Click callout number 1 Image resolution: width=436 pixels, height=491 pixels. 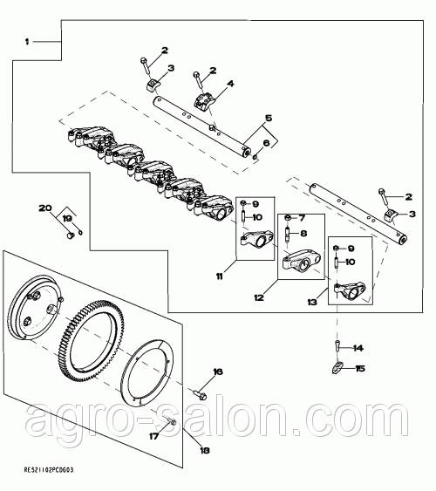pyautogui.click(x=27, y=42)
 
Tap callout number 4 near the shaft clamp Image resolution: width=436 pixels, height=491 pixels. pyautogui.click(x=230, y=84)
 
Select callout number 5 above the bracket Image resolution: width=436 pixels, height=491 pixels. pyautogui.click(x=269, y=118)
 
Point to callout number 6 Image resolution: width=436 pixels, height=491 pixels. pyautogui.click(x=266, y=143)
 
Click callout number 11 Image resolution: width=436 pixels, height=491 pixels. pyautogui.click(x=220, y=276)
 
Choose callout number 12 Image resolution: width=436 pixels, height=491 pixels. pyautogui.click(x=259, y=297)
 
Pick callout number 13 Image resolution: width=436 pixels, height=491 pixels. pyautogui.click(x=312, y=302)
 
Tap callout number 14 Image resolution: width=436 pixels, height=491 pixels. pyautogui.click(x=358, y=348)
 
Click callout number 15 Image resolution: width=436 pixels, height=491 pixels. pyautogui.click(x=360, y=369)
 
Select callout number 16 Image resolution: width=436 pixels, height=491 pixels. pyautogui.click(x=218, y=372)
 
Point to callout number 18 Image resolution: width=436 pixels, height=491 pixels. pyautogui.click(x=205, y=451)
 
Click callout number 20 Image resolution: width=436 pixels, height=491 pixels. pyautogui.click(x=45, y=208)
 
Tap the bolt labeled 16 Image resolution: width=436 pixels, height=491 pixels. pyautogui.click(x=199, y=394)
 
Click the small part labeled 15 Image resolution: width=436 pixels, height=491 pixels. pyautogui.click(x=337, y=367)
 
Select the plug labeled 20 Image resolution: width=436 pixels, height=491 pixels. pyautogui.click(x=70, y=235)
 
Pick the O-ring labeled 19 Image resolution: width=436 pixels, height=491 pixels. pyautogui.click(x=81, y=233)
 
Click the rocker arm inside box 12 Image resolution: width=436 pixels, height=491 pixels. pyautogui.click(x=302, y=262)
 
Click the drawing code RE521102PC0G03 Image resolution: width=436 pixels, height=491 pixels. pyautogui.click(x=49, y=470)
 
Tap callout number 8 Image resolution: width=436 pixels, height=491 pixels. pyautogui.click(x=303, y=233)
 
